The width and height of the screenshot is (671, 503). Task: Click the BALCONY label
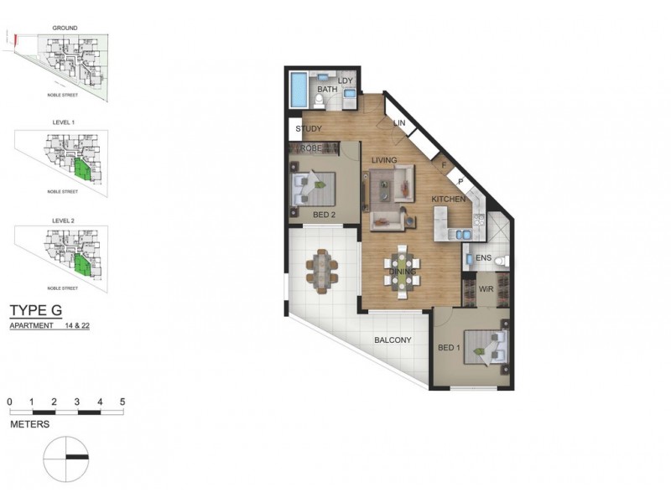point(393,340)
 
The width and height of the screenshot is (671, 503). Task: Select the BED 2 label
point(325,215)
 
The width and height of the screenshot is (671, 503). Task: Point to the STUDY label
point(308,129)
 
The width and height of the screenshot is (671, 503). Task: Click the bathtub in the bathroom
point(299,89)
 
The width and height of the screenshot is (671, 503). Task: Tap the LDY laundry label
point(346,80)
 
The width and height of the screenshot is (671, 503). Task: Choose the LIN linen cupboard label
point(399,124)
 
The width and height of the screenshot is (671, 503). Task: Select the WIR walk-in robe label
point(486,289)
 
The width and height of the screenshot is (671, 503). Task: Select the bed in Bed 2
point(312,188)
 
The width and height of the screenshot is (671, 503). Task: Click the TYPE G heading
point(35,309)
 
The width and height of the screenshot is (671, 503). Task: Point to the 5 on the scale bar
point(122,402)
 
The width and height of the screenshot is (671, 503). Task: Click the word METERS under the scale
point(30,425)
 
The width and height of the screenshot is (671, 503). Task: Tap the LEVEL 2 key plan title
point(65,220)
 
